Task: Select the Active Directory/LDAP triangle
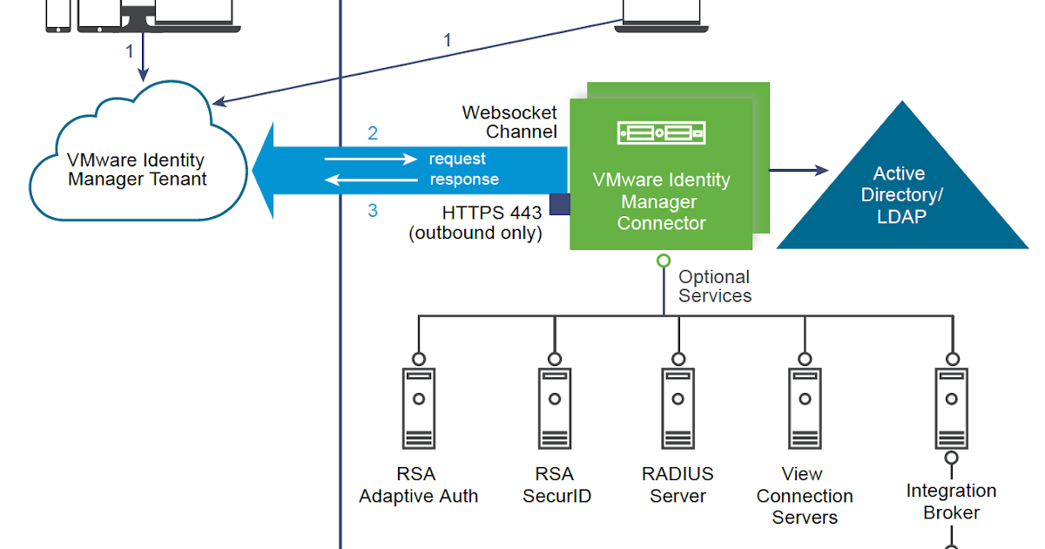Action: pyautogui.click(x=901, y=196)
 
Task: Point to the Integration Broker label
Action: pyautogui.click(x=951, y=502)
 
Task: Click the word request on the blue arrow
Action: pyautogui.click(x=457, y=159)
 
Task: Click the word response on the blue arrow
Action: pyautogui.click(x=464, y=180)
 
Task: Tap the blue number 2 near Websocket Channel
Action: pyautogui.click(x=373, y=133)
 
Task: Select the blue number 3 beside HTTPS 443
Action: pyautogui.click(x=373, y=211)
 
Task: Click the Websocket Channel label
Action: pyautogui.click(x=509, y=122)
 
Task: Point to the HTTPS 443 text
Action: pyautogui.click(x=491, y=213)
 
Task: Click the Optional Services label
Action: pyautogui.click(x=714, y=286)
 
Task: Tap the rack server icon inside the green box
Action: pyautogui.click(x=661, y=132)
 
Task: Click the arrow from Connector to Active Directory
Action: pyautogui.click(x=797, y=171)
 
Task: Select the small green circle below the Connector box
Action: pyautogui.click(x=663, y=260)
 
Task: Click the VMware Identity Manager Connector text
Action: pyautogui.click(x=661, y=201)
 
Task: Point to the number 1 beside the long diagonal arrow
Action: pyautogui.click(x=448, y=40)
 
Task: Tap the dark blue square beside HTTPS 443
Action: pyautogui.click(x=559, y=204)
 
